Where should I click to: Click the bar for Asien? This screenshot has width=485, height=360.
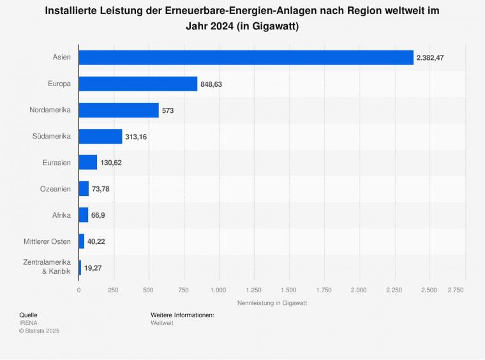246,57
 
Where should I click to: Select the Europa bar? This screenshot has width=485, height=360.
138,84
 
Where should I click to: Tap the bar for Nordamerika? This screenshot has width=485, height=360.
119,110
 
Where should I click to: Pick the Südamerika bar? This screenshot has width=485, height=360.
100,136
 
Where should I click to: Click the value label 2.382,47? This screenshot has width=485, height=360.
430,58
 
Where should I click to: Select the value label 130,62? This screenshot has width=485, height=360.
111,163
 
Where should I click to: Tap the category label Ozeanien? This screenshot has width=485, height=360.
56,189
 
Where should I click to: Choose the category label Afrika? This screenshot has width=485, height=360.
61,215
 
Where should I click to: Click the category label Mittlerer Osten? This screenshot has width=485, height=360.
47,241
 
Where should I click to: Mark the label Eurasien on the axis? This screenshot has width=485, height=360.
56,163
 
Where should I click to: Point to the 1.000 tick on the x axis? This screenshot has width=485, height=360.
219,290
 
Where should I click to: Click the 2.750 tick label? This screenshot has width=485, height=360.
456,290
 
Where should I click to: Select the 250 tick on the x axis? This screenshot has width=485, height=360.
114,290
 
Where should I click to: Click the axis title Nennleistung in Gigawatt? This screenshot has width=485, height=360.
272,303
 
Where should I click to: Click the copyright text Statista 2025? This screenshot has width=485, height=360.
39,331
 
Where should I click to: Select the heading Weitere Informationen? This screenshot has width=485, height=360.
183,315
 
